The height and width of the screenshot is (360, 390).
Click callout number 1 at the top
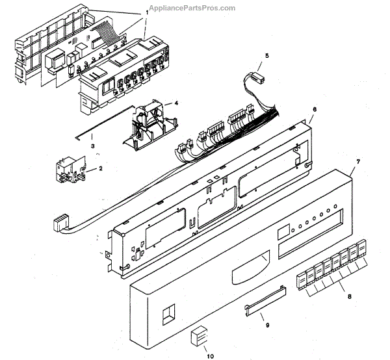(x=146, y=12)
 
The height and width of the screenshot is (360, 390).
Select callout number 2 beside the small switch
(x=100, y=169)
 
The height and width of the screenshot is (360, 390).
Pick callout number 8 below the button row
(x=350, y=297)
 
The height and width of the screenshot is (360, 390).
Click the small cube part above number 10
(x=198, y=337)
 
